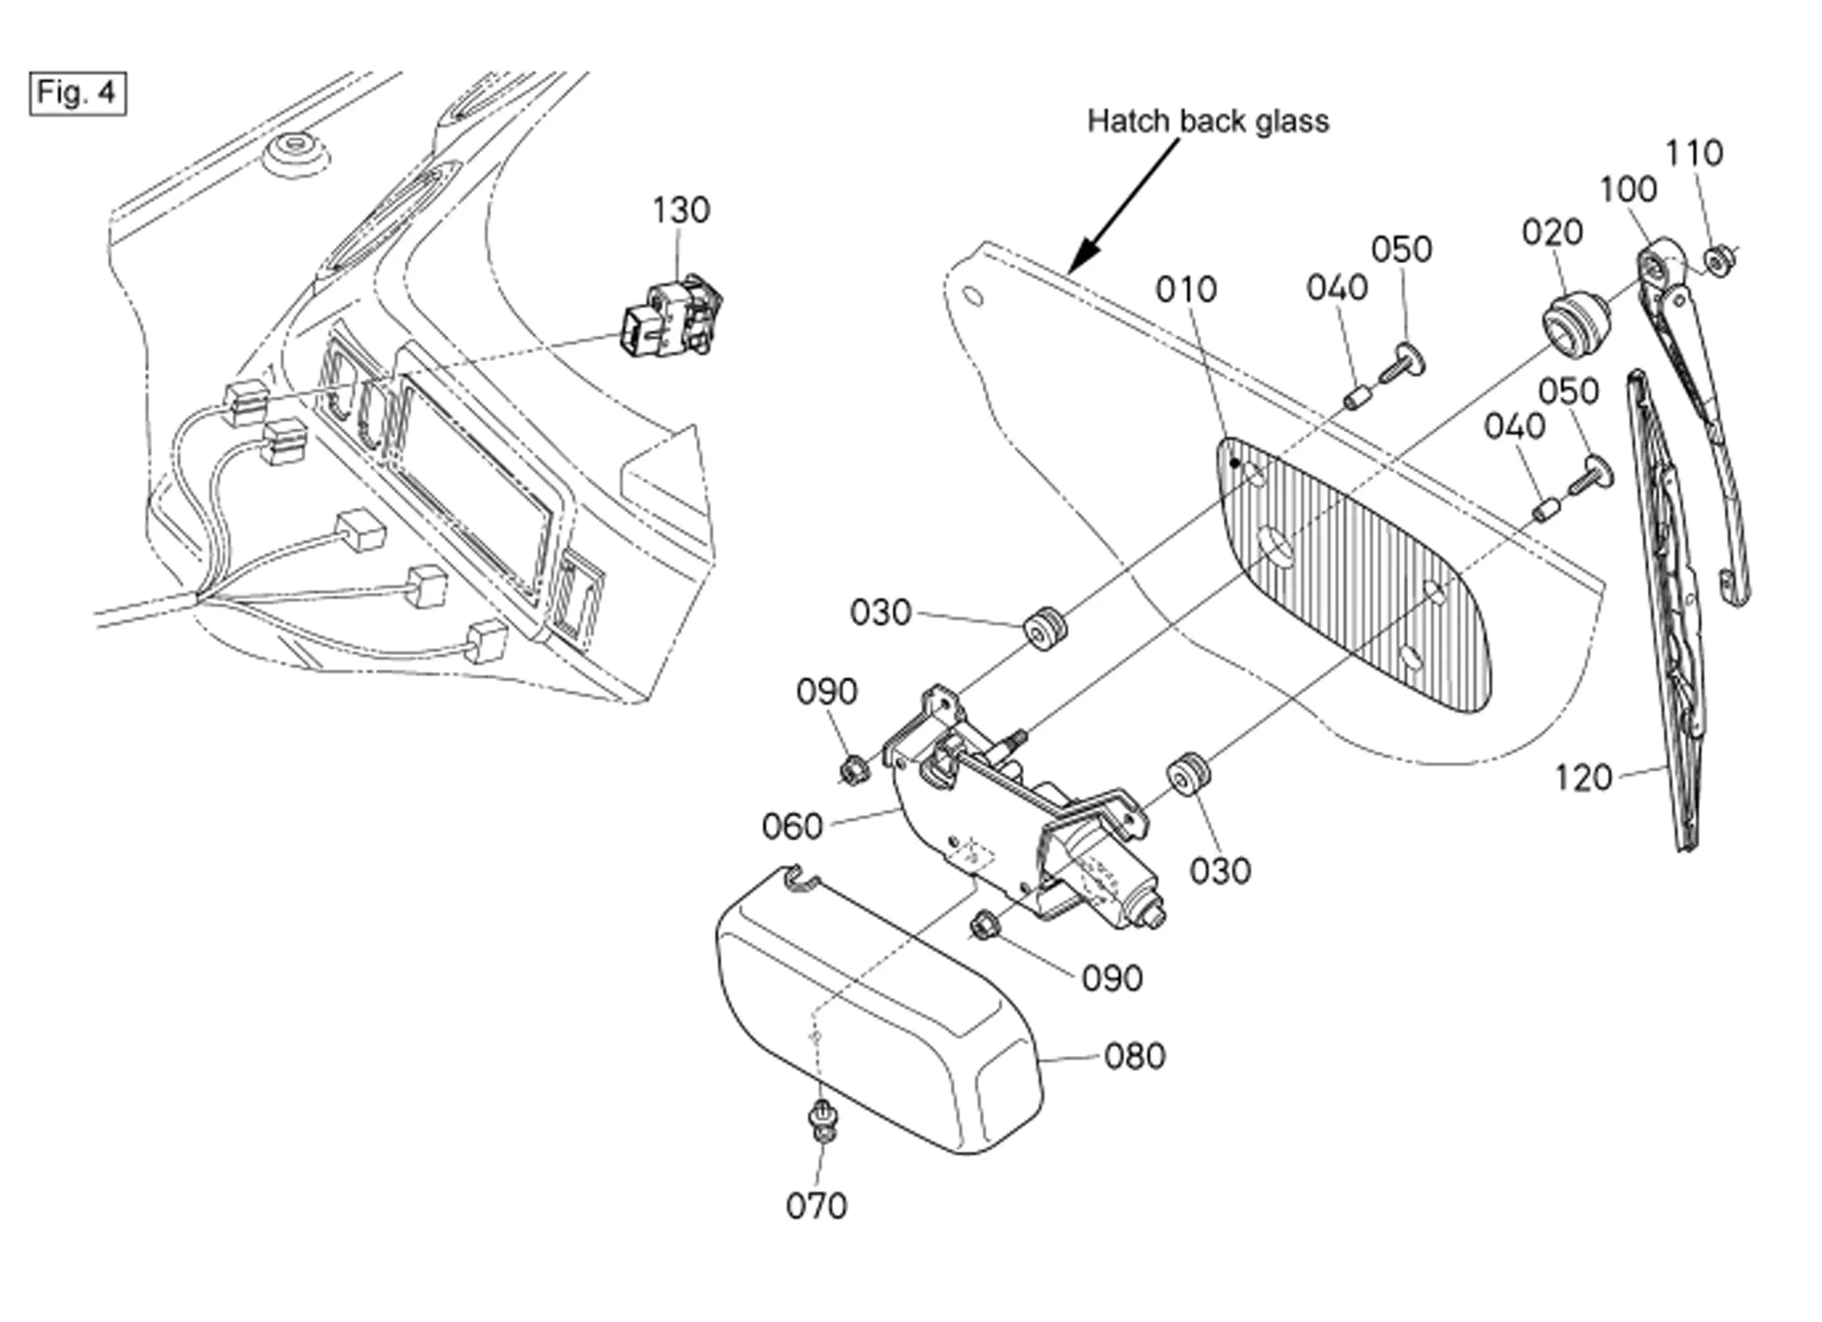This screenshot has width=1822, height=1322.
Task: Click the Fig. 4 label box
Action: (78, 94)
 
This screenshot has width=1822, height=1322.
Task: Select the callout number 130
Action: (681, 211)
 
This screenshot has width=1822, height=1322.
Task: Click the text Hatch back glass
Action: (1208, 121)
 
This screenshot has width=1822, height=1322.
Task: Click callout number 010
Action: (1186, 289)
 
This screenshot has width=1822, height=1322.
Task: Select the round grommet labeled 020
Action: (1576, 324)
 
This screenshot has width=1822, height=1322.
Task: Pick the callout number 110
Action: (1694, 153)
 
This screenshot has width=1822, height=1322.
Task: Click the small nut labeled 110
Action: (1714, 261)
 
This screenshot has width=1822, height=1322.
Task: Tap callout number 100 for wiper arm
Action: (1628, 189)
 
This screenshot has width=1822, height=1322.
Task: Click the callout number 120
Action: (1583, 778)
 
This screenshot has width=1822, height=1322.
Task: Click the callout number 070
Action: (816, 1206)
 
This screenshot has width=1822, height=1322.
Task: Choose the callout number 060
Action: (792, 825)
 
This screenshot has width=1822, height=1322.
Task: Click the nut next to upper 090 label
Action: (854, 770)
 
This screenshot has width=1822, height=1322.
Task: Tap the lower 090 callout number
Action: (1112, 978)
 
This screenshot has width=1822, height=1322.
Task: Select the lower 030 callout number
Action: (1220, 871)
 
